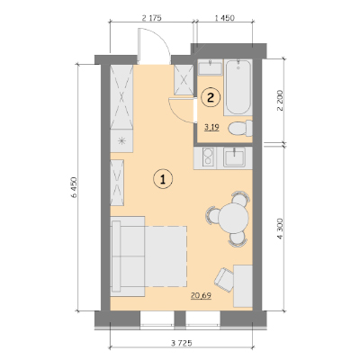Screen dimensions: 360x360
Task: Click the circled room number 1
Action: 163,179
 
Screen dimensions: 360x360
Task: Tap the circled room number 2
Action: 211,97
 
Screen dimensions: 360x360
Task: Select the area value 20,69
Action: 201,296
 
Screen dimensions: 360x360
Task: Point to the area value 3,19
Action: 211,128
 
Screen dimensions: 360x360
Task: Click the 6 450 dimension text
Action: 74,187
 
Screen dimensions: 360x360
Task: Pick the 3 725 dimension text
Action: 182,343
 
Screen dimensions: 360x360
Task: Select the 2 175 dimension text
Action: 151,18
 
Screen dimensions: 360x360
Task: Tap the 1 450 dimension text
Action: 224,18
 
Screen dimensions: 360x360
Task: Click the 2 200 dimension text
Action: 280,101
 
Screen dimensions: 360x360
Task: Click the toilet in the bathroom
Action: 240,128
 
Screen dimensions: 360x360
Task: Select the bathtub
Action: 238,87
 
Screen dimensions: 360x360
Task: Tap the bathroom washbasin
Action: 211,67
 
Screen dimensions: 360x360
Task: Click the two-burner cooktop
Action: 208,157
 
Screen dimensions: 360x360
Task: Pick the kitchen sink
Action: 235,157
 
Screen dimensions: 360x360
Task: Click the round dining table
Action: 234,218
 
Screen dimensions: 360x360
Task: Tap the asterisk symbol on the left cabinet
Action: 121,140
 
